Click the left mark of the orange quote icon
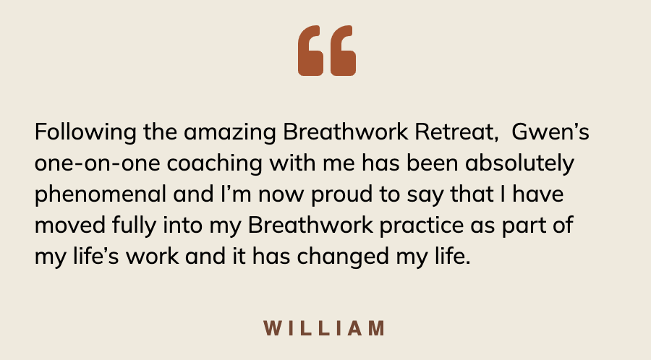[310, 51]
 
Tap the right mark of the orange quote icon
[343, 51]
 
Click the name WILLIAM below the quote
[325, 328]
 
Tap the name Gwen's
[550, 132]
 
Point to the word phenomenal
[101, 195]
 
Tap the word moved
[69, 226]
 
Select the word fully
[134, 226]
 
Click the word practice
[422, 226]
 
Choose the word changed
[343, 257]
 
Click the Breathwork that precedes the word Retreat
[346, 132]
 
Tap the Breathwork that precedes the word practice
[310, 226]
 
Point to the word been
[433, 163]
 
